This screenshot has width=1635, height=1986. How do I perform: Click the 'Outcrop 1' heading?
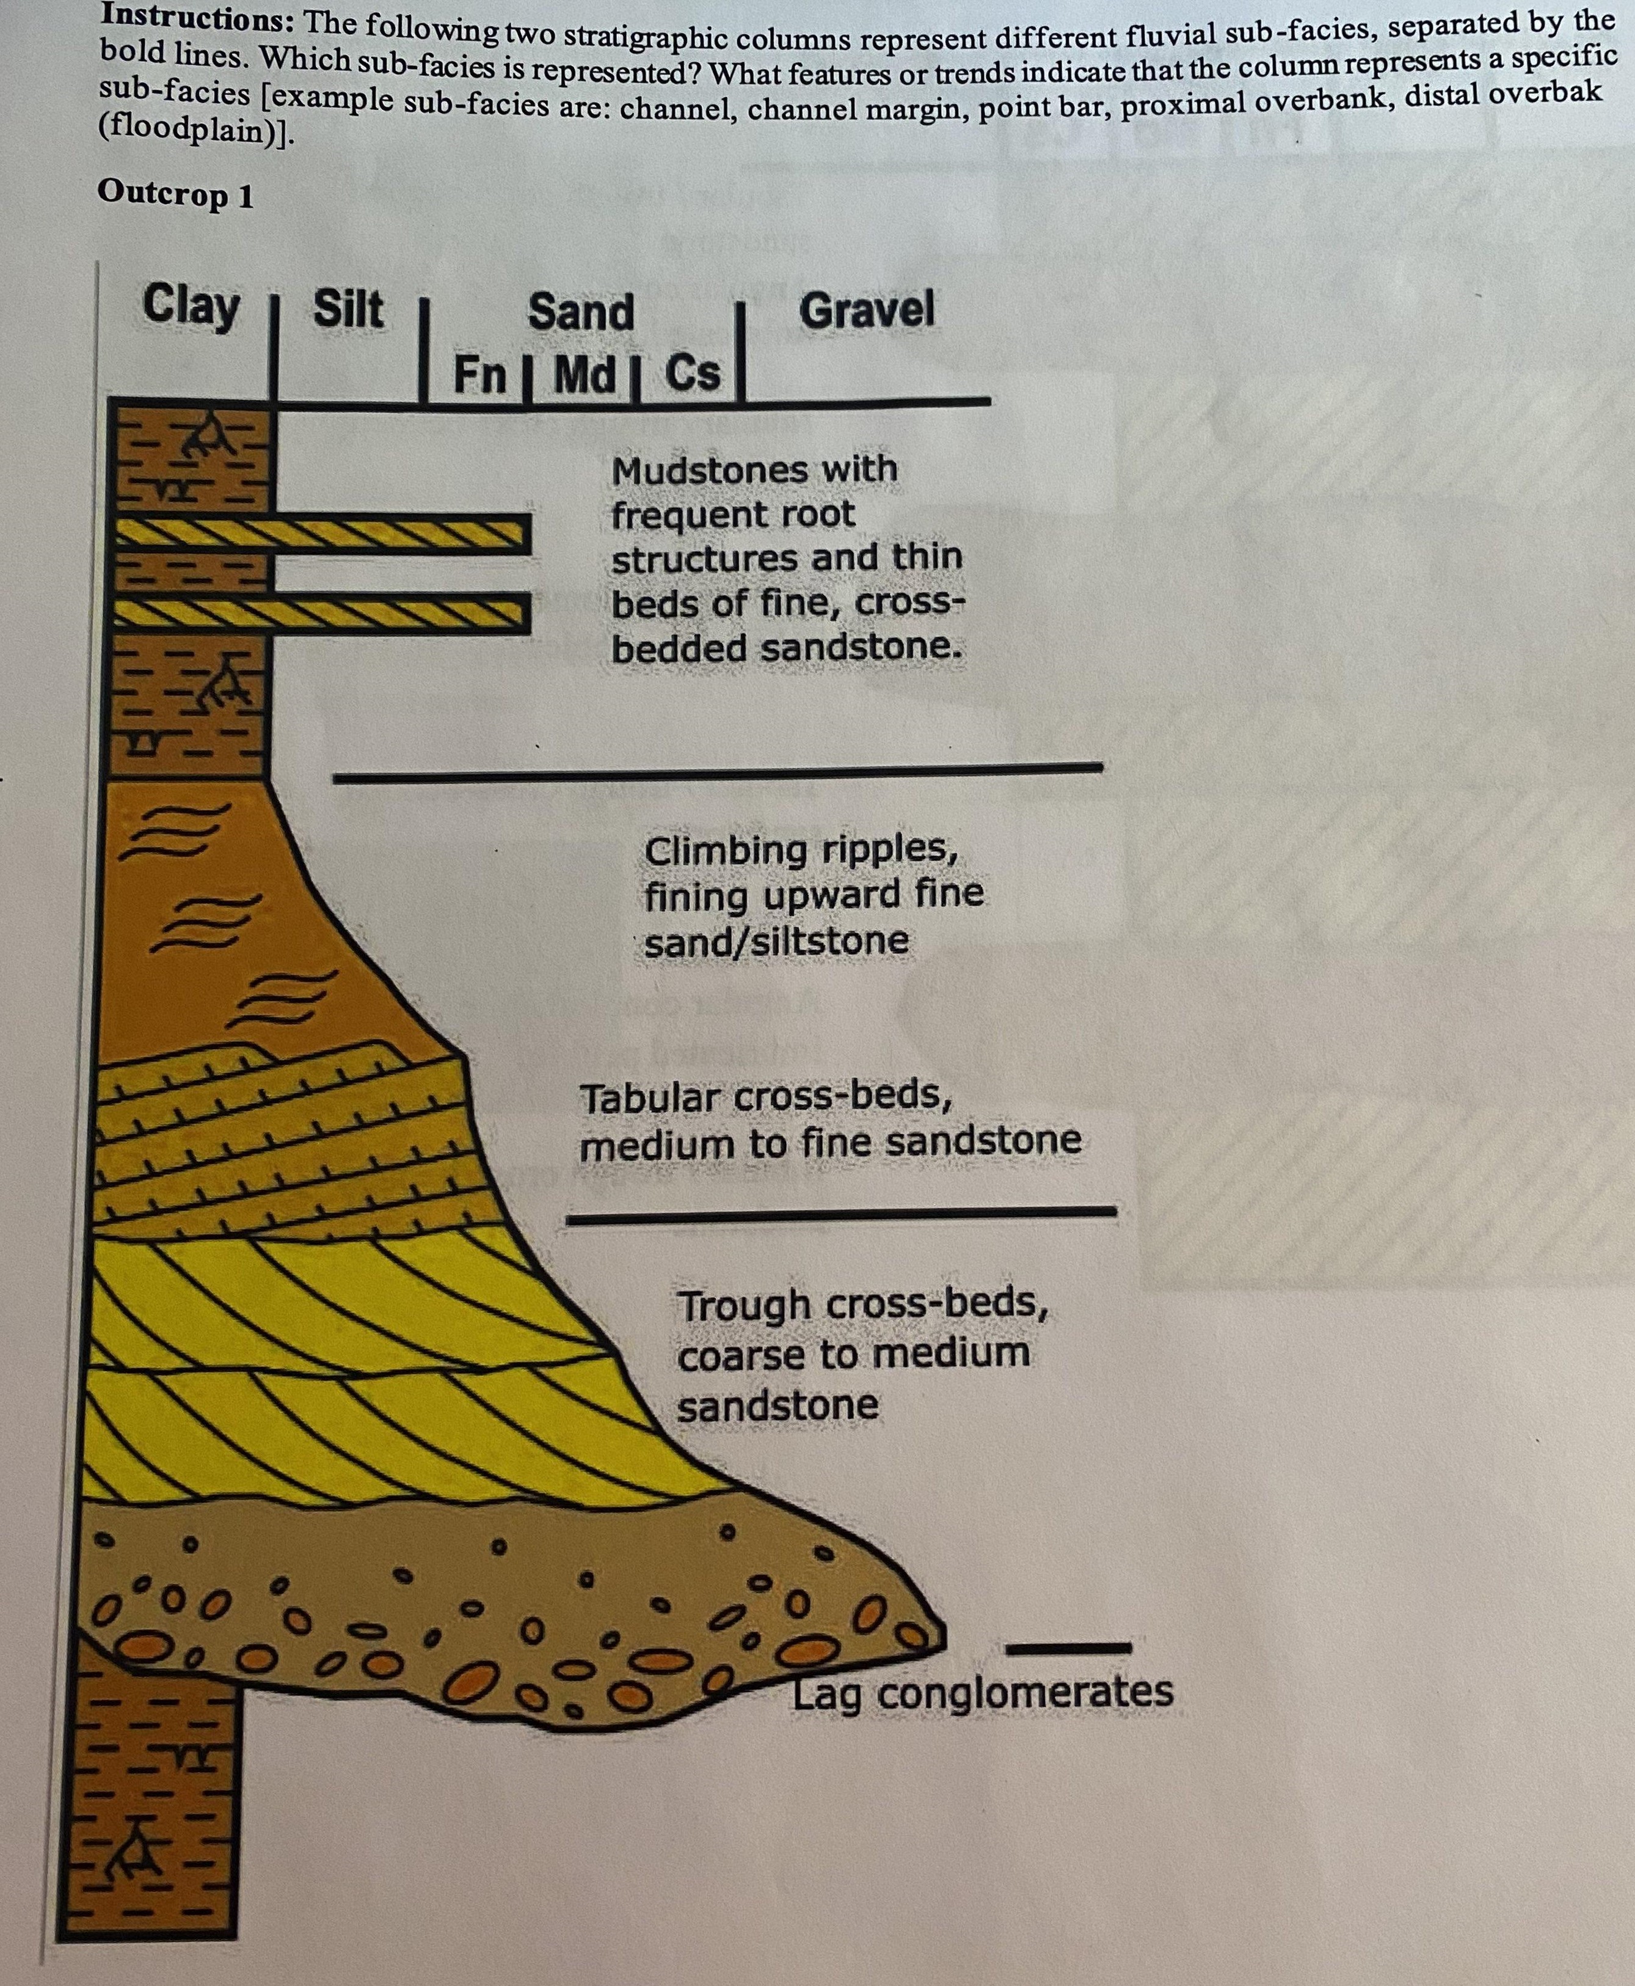point(175,194)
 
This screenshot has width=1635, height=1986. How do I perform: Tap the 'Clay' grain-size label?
point(191,306)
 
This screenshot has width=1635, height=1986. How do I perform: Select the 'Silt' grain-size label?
point(348,309)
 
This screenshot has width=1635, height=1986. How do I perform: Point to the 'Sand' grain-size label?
point(581,312)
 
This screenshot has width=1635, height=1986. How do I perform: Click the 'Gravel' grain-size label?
point(867,310)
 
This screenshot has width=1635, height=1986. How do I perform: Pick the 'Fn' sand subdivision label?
point(479,374)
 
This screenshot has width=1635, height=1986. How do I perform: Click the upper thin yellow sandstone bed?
point(320,534)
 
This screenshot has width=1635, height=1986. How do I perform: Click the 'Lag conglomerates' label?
point(982,1692)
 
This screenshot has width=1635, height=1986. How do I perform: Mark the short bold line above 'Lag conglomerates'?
point(1069,1649)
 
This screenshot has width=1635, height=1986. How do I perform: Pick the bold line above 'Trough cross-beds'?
point(840,1215)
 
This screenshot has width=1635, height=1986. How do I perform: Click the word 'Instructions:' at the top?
point(198,18)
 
